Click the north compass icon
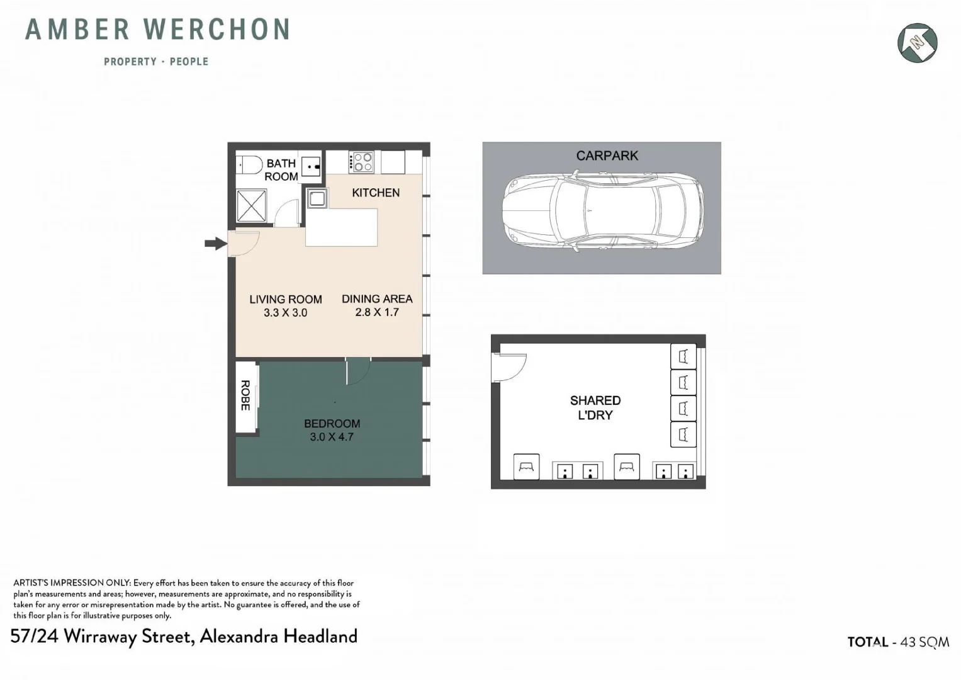click(917, 43)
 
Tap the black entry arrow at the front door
click(216, 243)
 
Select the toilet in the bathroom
click(250, 165)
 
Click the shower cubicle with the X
click(252, 205)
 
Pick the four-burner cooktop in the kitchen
click(361, 162)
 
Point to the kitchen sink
click(317, 199)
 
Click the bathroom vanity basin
click(311, 166)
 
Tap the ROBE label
click(245, 395)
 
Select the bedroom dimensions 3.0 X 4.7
click(332, 437)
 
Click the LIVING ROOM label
click(286, 300)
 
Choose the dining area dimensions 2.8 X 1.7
click(377, 312)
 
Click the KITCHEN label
click(376, 193)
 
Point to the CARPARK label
click(607, 156)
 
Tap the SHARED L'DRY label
click(595, 407)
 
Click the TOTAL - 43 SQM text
click(898, 642)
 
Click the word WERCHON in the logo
click(216, 30)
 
